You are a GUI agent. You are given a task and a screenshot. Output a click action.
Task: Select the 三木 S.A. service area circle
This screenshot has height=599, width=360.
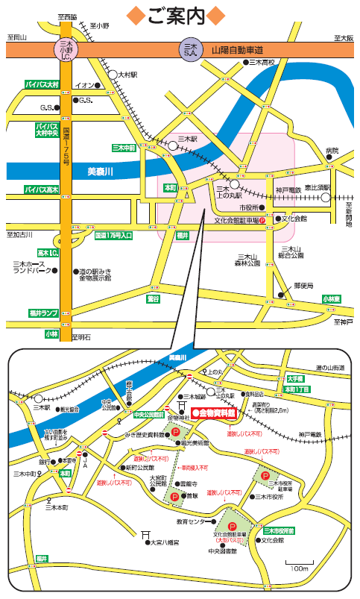pyautogui.click(x=190, y=49)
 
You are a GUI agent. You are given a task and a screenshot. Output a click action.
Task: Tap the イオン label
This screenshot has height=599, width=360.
pyautogui.click(x=83, y=85)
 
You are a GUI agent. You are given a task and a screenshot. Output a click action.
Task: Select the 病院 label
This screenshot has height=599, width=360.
pyautogui.click(x=332, y=151)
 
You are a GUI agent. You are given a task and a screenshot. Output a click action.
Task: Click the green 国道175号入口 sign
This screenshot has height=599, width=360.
pyautogui.click(x=113, y=236)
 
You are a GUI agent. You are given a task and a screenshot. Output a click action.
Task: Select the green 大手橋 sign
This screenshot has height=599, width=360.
pyautogui.click(x=296, y=379)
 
